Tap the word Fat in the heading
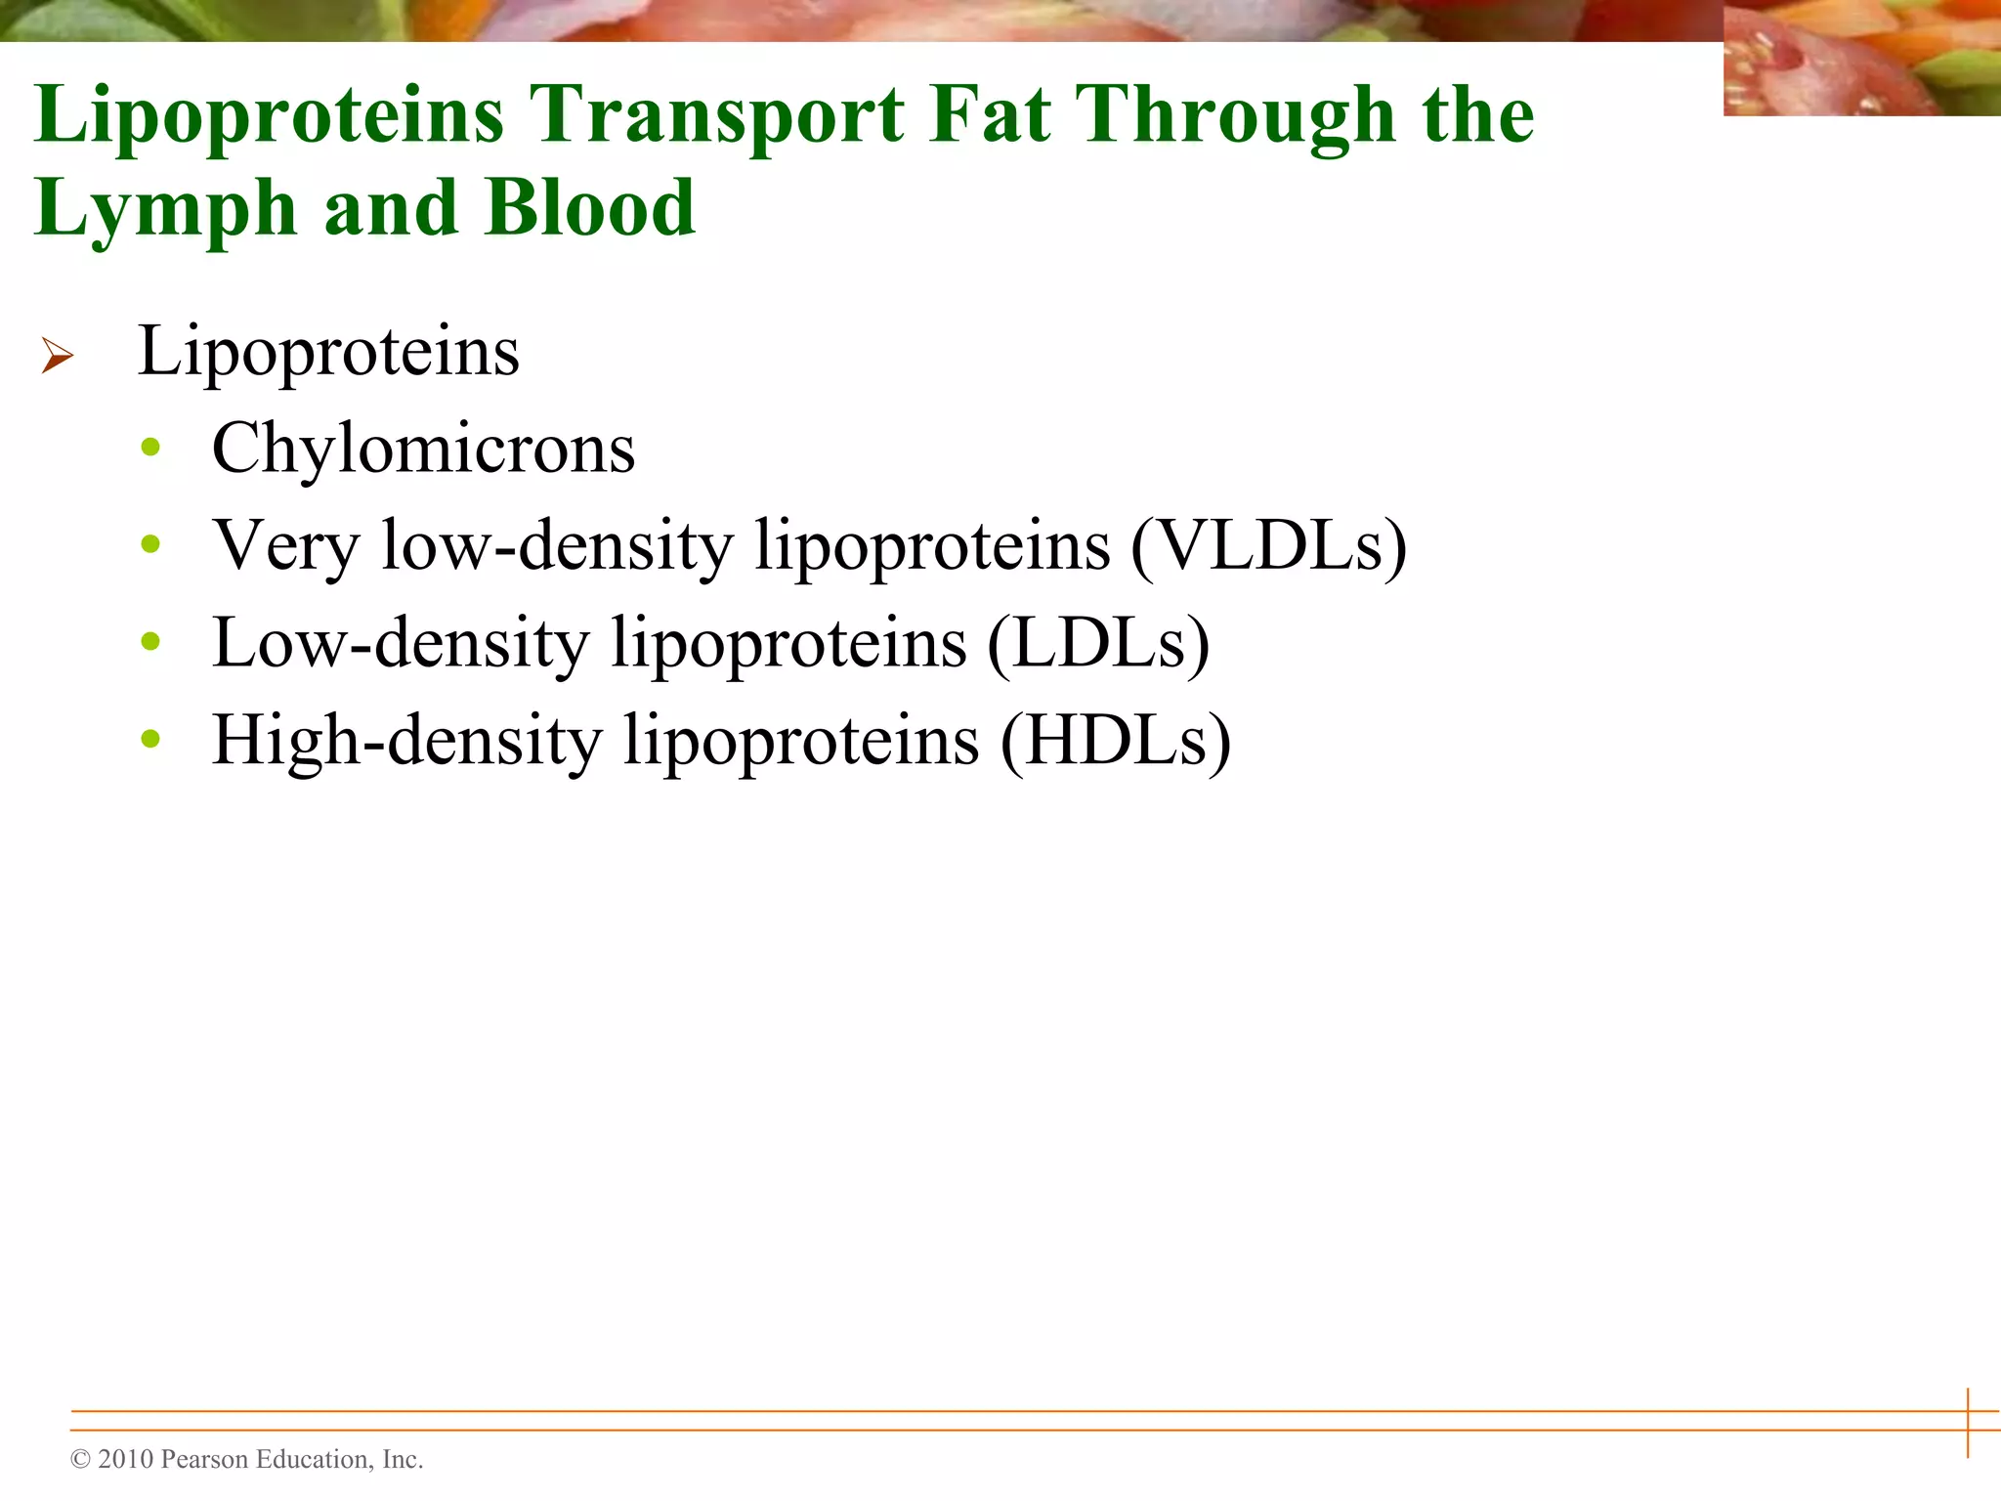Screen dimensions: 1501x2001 (989, 115)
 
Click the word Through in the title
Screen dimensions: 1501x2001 (1235, 115)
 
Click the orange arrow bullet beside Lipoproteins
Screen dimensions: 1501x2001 (58, 356)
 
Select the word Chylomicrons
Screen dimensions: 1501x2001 (423, 450)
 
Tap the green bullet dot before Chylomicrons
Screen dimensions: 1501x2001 (150, 448)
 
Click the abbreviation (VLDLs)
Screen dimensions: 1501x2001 (1268, 545)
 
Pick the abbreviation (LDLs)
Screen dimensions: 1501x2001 (1098, 643)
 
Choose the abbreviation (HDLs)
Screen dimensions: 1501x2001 (1115, 741)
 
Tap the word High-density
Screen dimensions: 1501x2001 (406, 741)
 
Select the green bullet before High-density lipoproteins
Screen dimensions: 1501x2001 (150, 739)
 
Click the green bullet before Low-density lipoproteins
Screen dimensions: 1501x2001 (150, 642)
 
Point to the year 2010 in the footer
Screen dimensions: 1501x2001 (126, 1459)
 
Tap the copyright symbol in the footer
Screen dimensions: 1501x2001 (80, 1460)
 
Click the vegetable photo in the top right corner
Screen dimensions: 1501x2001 (1860, 59)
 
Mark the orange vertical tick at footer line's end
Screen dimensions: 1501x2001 (1968, 1422)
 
